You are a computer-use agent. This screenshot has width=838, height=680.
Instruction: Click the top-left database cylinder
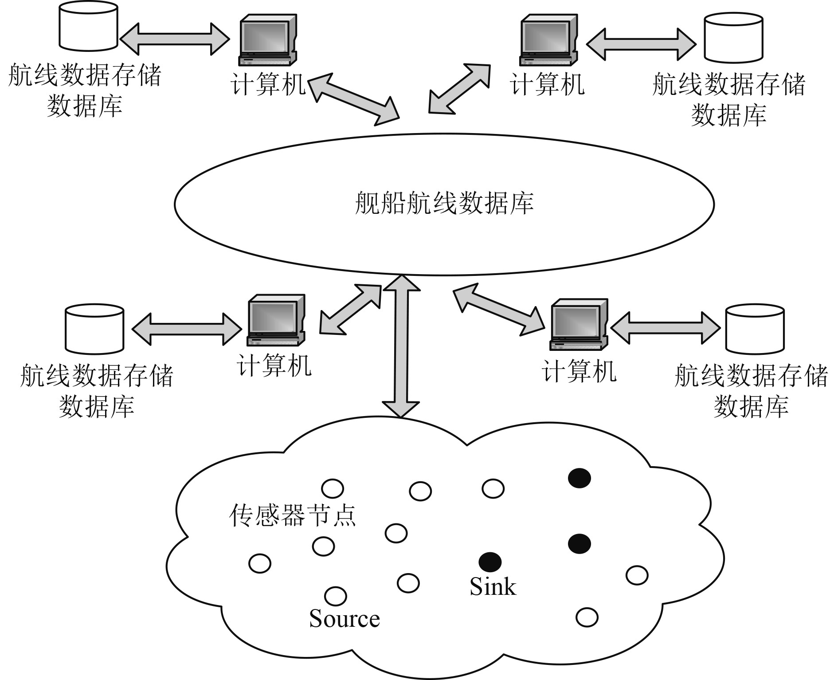88,26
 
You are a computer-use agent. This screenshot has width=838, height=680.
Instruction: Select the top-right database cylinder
733,37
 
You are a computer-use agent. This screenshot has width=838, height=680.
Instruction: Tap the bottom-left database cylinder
94,329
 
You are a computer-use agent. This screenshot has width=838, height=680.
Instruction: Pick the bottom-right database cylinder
755,329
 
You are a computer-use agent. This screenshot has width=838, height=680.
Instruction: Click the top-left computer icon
267,40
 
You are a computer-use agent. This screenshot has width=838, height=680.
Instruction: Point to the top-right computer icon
549,40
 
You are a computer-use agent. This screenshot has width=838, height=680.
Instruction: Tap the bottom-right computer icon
578,324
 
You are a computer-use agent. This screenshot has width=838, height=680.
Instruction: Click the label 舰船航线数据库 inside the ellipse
444,204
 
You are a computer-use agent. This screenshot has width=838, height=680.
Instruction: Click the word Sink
493,586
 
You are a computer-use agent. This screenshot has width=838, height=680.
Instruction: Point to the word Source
345,619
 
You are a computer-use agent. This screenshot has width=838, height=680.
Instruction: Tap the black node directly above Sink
490,562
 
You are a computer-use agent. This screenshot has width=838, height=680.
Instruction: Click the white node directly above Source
336,596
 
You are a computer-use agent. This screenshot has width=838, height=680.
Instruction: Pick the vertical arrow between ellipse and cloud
401,346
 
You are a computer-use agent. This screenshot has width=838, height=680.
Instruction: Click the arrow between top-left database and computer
175,39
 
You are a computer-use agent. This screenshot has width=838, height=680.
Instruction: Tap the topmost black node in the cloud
580,478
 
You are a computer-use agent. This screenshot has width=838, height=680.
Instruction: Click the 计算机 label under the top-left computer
268,84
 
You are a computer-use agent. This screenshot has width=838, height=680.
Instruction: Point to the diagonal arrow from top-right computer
459,89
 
